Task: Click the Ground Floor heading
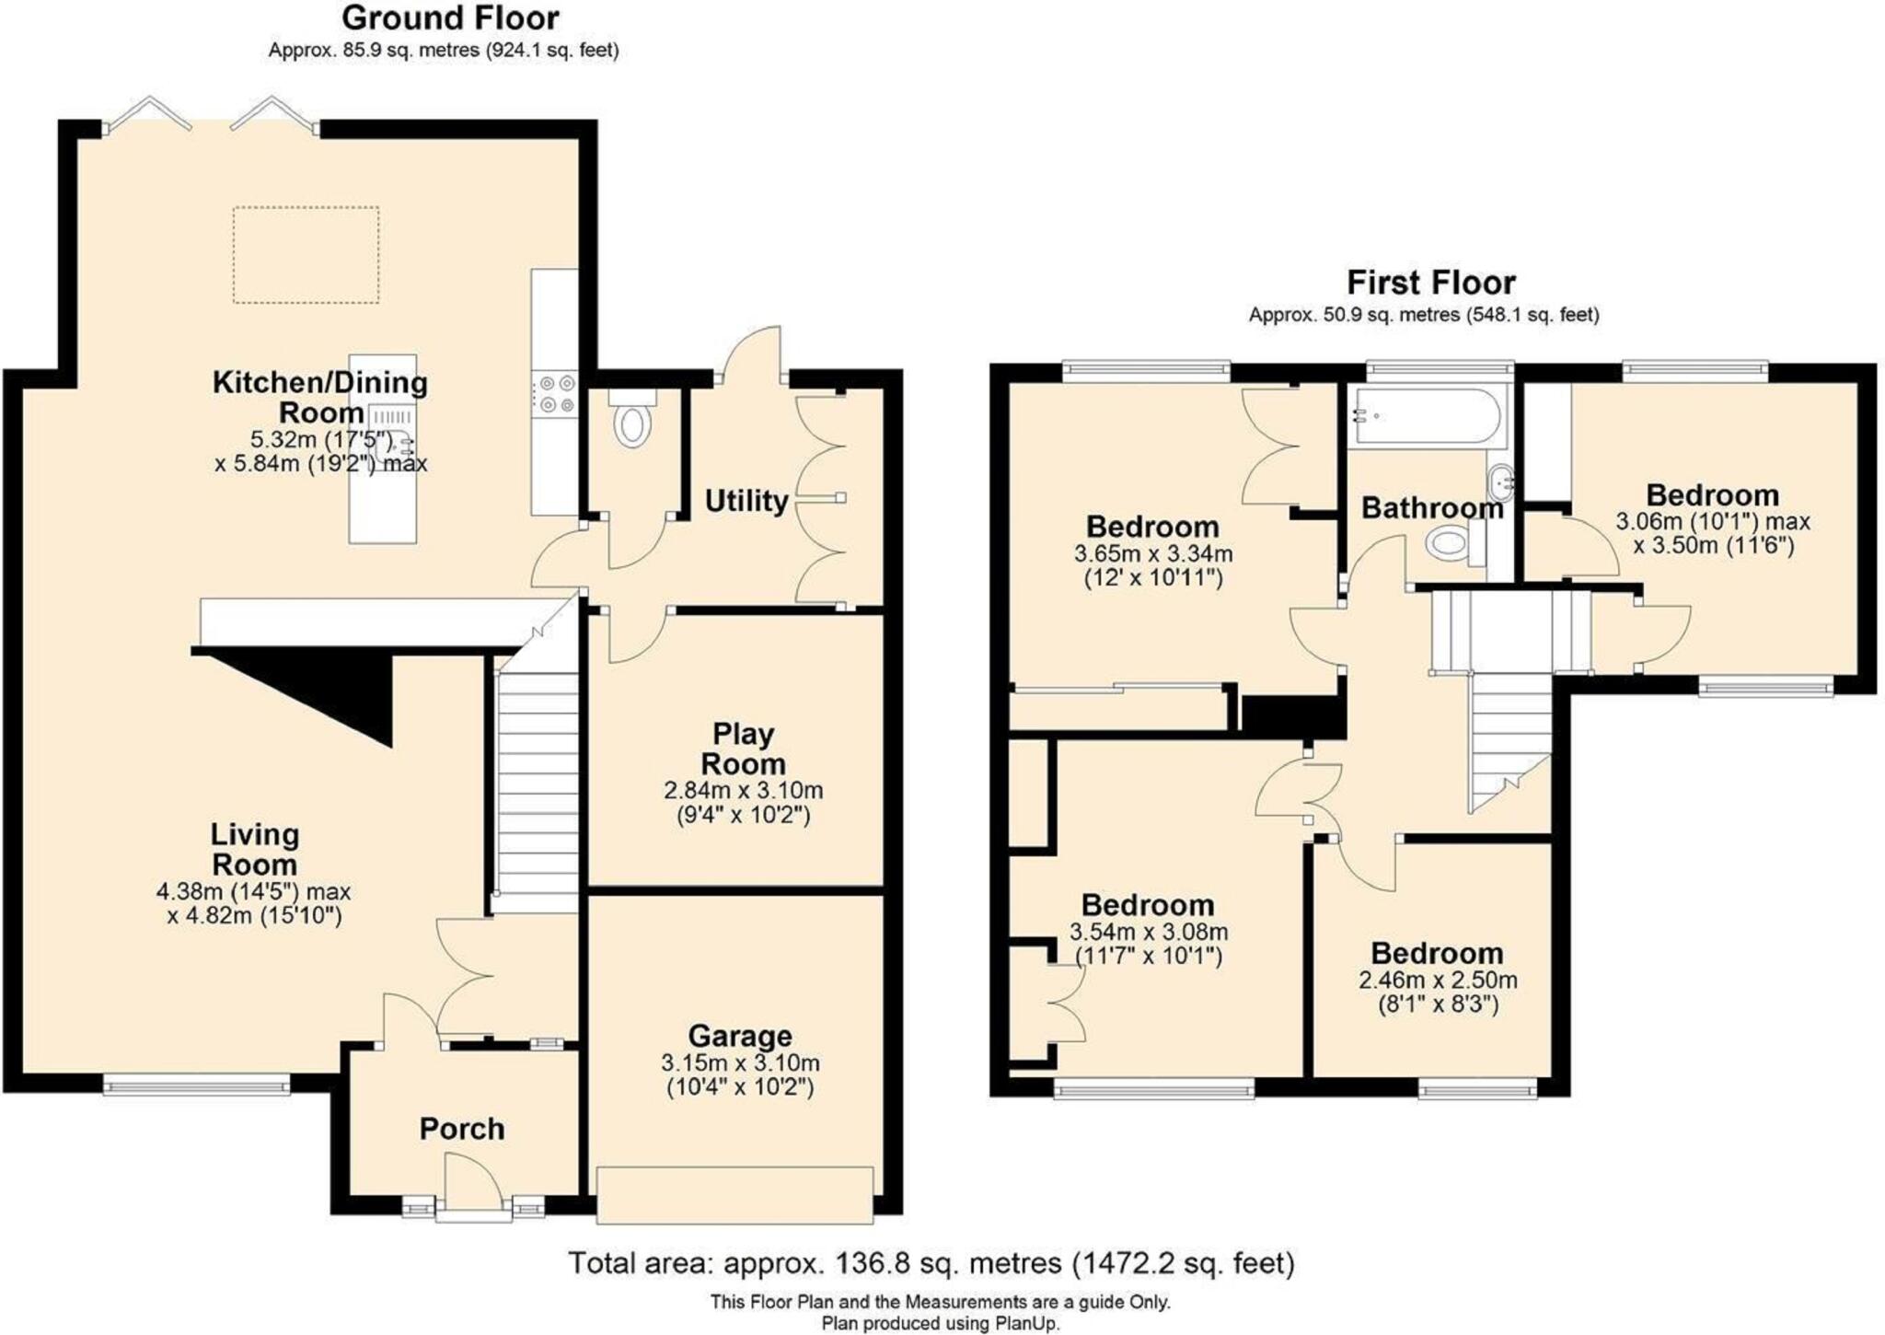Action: [x=450, y=18]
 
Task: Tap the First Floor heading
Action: [x=1431, y=282]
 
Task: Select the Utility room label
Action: [x=746, y=502]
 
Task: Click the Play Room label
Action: [x=743, y=749]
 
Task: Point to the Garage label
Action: [x=740, y=1036]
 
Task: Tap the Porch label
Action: [x=462, y=1129]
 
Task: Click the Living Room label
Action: [x=254, y=849]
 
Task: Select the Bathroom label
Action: [x=1431, y=508]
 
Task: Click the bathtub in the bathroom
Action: [x=1424, y=416]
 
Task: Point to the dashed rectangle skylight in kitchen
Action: [x=306, y=254]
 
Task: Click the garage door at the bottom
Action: [x=734, y=1194]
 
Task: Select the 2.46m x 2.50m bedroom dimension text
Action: [x=1438, y=981]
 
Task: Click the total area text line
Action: [x=931, y=1263]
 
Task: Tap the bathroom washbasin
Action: [x=1499, y=481]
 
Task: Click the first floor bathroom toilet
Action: [x=1451, y=542]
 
